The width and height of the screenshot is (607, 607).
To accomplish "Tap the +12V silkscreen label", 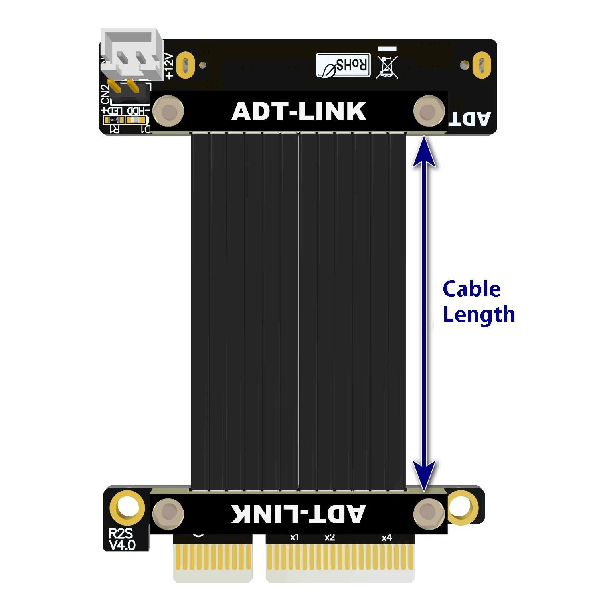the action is (x=169, y=66).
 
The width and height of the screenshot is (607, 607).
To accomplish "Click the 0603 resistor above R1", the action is (x=114, y=120).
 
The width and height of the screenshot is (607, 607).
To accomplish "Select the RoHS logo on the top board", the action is (x=344, y=65).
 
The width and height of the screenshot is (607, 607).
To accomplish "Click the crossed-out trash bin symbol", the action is (x=387, y=67).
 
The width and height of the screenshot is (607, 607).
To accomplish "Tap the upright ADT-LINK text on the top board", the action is (x=299, y=111).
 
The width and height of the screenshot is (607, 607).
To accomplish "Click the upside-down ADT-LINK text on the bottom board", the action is (x=298, y=514).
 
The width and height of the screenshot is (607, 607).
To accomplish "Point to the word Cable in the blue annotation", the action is (x=471, y=289).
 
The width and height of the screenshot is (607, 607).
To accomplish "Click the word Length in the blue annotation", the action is (x=479, y=315).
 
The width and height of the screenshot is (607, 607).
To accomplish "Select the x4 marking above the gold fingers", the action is (x=387, y=538).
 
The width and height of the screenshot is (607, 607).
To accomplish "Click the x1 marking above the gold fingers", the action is (x=294, y=538).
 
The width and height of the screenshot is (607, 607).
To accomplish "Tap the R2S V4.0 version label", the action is (x=122, y=539).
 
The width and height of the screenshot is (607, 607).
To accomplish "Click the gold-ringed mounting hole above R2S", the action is (x=127, y=508).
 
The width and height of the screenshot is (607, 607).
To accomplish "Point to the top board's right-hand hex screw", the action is (x=429, y=111).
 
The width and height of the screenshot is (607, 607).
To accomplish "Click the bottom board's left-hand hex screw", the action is (x=168, y=514).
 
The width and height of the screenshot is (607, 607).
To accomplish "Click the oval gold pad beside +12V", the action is (x=185, y=65).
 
